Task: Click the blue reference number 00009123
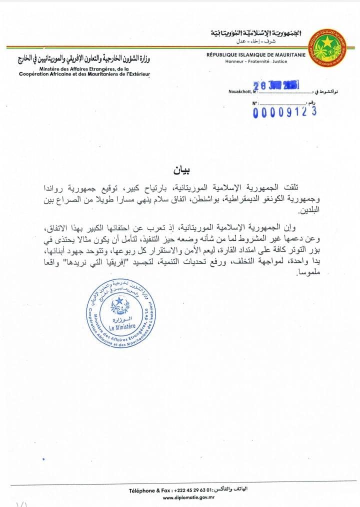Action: pyautogui.click(x=285, y=112)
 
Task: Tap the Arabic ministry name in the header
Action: pyautogui.click(x=85, y=59)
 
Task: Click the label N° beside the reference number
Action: pyautogui.click(x=255, y=103)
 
